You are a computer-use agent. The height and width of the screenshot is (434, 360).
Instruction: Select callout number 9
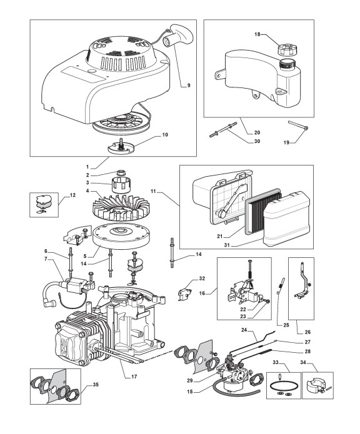(x=189, y=86)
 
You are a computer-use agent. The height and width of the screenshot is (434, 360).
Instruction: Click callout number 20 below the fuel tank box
(x=257, y=132)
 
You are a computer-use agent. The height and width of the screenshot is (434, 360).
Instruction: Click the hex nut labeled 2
(x=121, y=172)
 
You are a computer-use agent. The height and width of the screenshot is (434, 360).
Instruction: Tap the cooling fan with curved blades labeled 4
(x=121, y=207)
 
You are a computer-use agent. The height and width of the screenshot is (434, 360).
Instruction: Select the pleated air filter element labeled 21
(x=263, y=207)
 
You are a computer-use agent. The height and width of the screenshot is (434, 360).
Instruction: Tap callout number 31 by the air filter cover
(x=227, y=245)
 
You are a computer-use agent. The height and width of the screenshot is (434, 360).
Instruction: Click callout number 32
(x=202, y=278)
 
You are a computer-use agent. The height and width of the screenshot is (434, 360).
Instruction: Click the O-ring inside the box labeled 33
(x=284, y=387)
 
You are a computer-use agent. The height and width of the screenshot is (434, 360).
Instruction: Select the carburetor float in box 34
(x=315, y=387)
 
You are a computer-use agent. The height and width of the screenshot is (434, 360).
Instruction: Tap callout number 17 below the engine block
(x=134, y=377)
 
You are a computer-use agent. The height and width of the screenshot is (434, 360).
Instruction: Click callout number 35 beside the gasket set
(x=96, y=385)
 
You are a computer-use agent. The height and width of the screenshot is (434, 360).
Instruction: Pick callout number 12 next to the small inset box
(x=72, y=195)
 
